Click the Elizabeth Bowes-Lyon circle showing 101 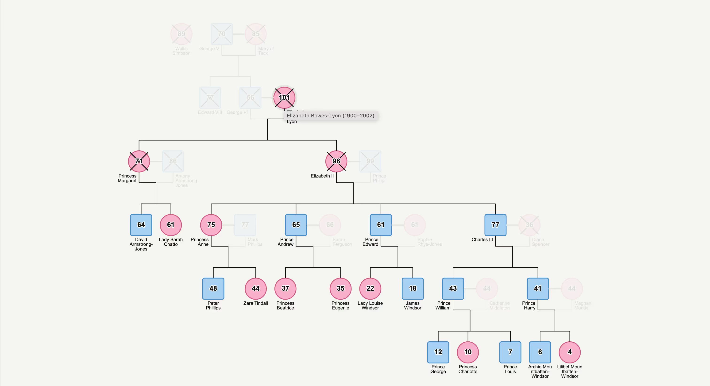tap(284, 98)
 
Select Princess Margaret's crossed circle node tap(139, 161)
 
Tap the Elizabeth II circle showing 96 tap(336, 161)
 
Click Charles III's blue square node tap(495, 225)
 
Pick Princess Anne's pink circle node tap(211, 225)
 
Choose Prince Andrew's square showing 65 tap(296, 225)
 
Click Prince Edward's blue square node tap(381, 225)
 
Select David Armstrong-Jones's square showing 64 tap(141, 225)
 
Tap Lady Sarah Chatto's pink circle tap(171, 225)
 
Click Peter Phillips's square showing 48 tap(213, 288)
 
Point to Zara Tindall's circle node tap(255, 288)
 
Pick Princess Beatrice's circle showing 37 tap(285, 288)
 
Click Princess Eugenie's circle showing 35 tap(340, 288)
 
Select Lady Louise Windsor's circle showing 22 tap(370, 288)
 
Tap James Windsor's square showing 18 tap(413, 288)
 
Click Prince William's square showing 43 tap(453, 288)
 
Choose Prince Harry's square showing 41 tap(538, 288)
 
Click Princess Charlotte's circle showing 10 tap(468, 352)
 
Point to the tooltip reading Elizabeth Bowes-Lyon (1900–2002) tap(331, 116)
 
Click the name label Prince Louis tap(510, 369)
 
